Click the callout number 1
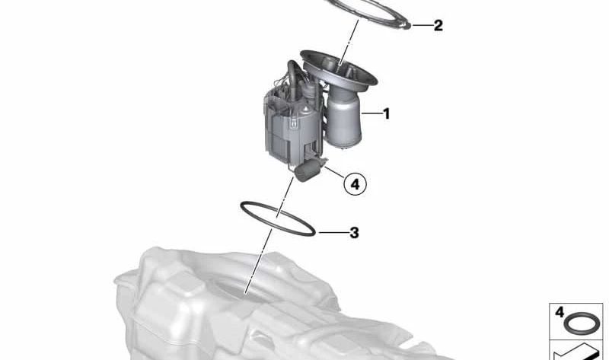coord(386,114)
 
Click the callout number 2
coord(438,25)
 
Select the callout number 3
coord(353,232)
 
